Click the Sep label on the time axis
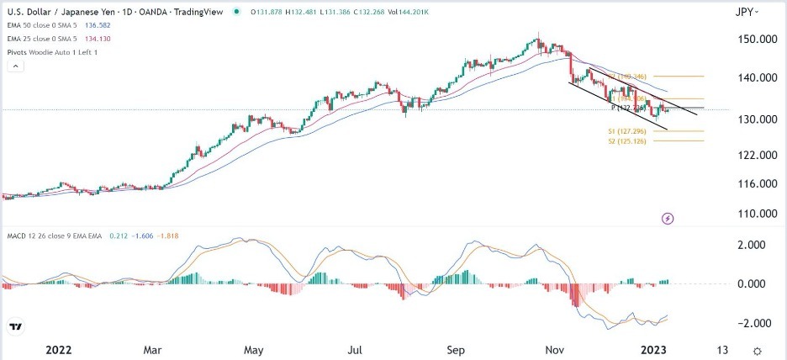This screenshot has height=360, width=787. pos(455,350)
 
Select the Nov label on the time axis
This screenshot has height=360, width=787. pos(555,350)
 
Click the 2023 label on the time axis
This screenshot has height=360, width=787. pos(656,350)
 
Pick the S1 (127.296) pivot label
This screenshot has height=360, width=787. pos(626,132)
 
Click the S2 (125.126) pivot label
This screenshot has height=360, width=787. pos(626,141)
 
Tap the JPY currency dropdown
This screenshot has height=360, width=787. pos(745,12)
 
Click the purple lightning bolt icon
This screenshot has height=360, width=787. pos(668,219)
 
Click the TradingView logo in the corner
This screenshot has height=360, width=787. pos(15,326)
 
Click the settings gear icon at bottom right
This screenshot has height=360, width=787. pos(758,350)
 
